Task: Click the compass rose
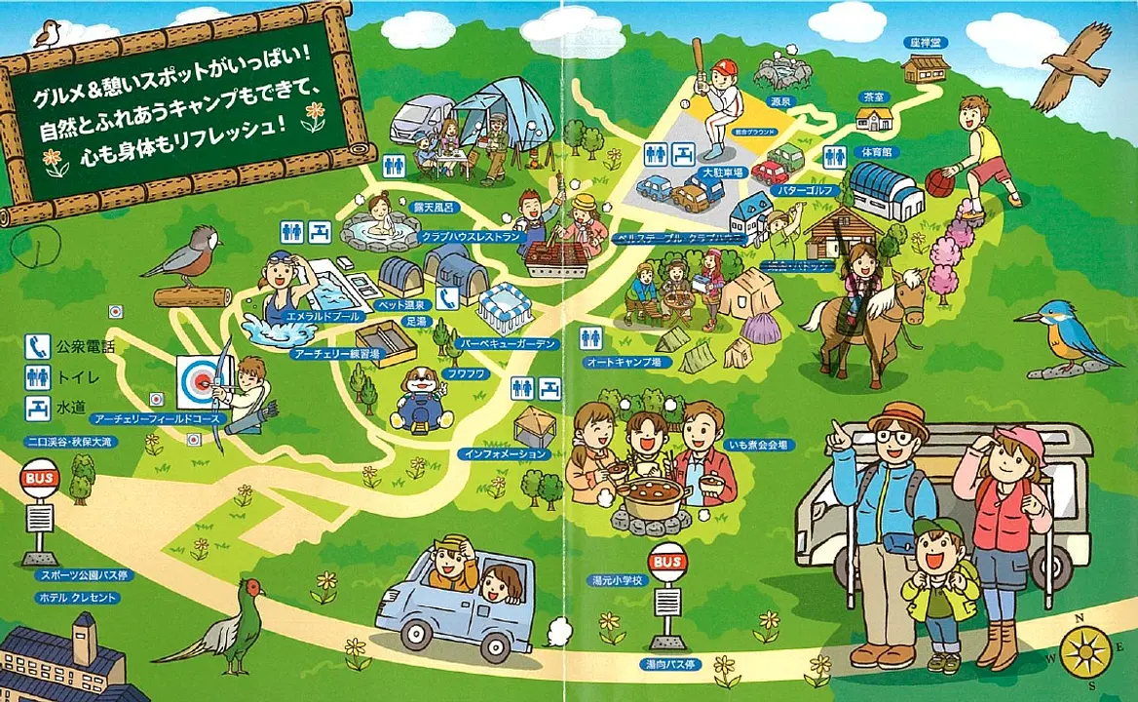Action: coord(1084,650)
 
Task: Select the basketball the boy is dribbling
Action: coord(939,182)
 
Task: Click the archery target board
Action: coord(198,381)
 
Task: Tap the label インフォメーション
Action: coord(506,454)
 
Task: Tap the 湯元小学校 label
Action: coord(618,580)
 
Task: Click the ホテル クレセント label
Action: coord(77,598)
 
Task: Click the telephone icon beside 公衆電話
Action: coord(39,346)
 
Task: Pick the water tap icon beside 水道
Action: coord(39,409)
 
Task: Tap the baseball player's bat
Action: coord(698,60)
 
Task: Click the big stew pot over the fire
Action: coord(652,497)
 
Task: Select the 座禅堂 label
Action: coord(921,44)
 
